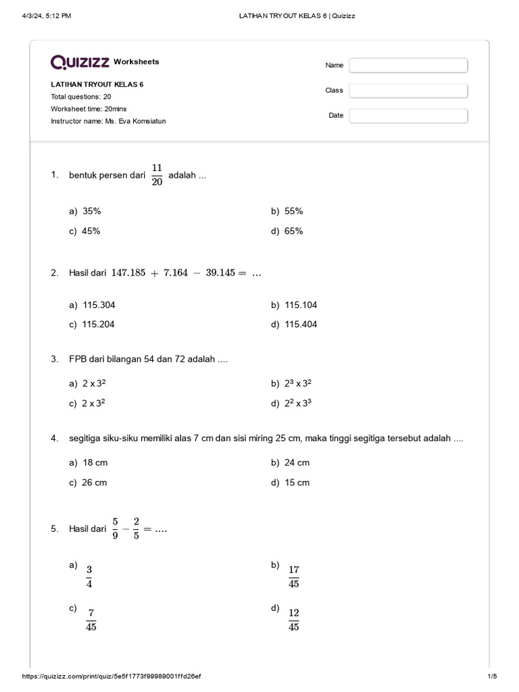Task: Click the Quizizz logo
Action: tap(80, 62)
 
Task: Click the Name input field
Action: tap(408, 66)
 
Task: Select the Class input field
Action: tap(408, 91)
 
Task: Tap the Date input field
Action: tap(408, 116)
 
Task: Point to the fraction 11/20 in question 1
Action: tap(157, 176)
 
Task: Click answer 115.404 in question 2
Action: tap(301, 324)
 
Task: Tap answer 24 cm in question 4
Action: tap(297, 463)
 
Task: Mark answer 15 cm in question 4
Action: tap(297, 483)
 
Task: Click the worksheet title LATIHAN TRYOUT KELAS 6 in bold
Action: tap(97, 84)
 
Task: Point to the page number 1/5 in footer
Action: tap(491, 676)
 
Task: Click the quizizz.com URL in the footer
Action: tap(112, 676)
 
